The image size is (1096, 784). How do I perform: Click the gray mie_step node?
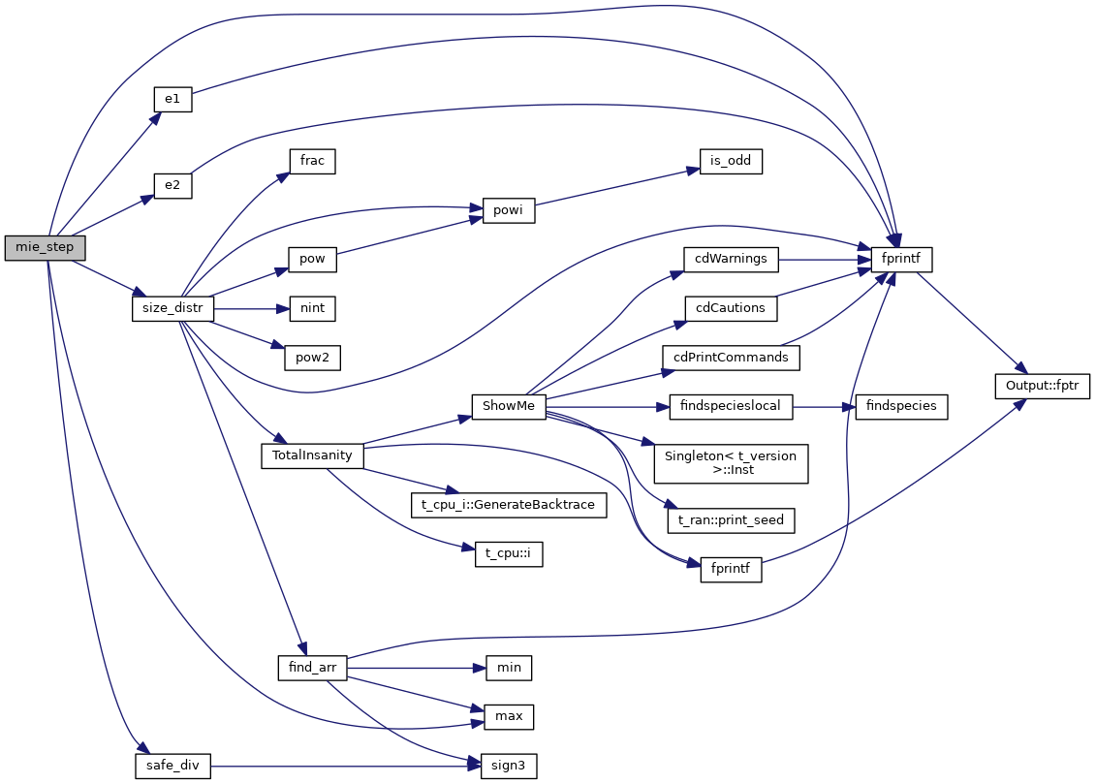[45, 248]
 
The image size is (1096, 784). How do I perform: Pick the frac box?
[312, 161]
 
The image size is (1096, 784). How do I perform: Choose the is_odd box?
[731, 161]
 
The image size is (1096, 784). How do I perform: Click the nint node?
[312, 308]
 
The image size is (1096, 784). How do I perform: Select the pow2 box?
[312, 357]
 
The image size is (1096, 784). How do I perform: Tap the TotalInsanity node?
[312, 455]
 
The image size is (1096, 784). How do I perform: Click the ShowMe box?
[508, 406]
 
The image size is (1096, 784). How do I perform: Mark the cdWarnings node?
[732, 259]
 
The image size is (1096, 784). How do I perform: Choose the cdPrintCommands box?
[732, 357]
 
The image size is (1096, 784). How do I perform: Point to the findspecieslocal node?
[732, 406]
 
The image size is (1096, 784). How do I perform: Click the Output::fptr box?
[1043, 385]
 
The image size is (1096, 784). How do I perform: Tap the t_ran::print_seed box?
[732, 520]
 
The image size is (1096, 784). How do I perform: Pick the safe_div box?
[172, 766]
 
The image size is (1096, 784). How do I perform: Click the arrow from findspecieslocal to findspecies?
[825, 406]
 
